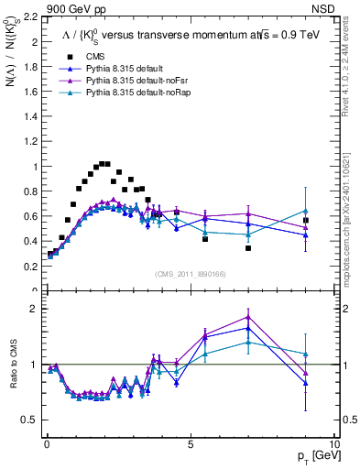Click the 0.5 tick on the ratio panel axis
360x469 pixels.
click(32, 420)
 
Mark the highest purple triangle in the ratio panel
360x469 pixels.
click(248, 317)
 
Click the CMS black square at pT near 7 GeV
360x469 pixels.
click(248, 248)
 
